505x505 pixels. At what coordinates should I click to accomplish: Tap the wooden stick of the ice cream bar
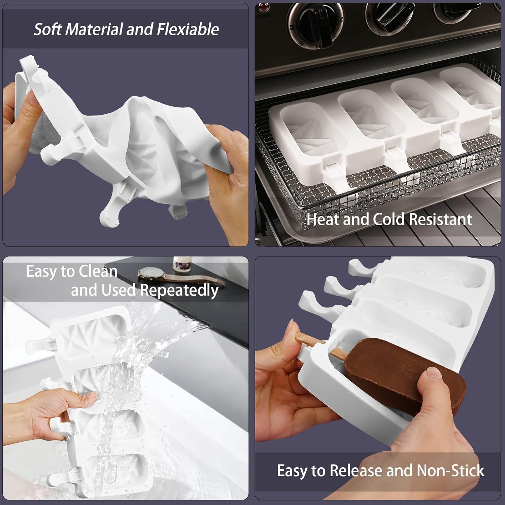(x=323, y=347)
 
